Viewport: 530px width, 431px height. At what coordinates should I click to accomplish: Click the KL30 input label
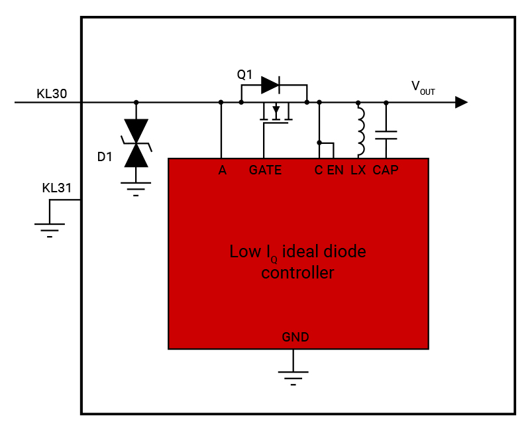click(x=52, y=93)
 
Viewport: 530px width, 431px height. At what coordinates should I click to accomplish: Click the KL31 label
click(x=56, y=188)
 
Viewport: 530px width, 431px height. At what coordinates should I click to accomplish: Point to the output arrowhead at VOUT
click(x=461, y=102)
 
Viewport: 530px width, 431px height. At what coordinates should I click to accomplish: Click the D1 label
click(x=105, y=157)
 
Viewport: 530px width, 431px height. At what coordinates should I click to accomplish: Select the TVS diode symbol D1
click(x=136, y=143)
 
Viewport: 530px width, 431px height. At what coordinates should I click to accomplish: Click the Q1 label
click(x=245, y=75)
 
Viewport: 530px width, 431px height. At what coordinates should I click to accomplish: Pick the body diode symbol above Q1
click(x=271, y=84)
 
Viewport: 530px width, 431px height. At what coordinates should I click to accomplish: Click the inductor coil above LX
click(x=360, y=129)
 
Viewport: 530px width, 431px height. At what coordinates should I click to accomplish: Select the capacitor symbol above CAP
click(x=386, y=135)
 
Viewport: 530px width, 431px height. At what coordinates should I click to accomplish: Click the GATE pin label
click(x=265, y=170)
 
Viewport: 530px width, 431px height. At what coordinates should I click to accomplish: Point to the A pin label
click(x=223, y=170)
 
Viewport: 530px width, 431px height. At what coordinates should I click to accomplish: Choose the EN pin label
click(x=335, y=170)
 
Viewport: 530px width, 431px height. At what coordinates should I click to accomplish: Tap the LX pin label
click(x=358, y=170)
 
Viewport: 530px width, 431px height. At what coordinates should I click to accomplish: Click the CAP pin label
click(x=386, y=170)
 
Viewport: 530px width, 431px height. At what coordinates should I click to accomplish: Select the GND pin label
click(x=295, y=338)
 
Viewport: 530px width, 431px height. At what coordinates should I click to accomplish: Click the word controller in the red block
click(x=297, y=273)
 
